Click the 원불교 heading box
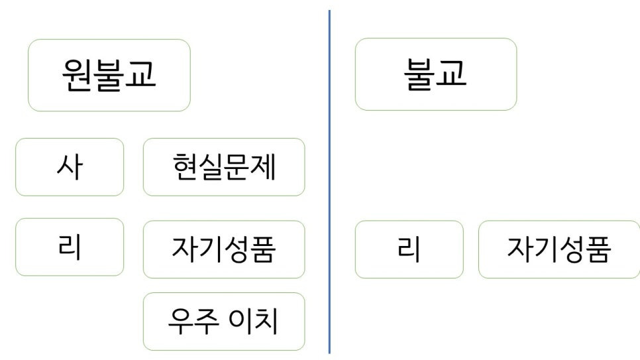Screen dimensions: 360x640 pyautogui.click(x=109, y=75)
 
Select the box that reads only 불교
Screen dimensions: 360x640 pyautogui.click(x=435, y=74)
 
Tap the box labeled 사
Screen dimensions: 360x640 pyautogui.click(x=70, y=167)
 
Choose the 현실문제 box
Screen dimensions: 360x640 pyautogui.click(x=224, y=167)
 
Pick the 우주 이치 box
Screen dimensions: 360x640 pyautogui.click(x=224, y=322)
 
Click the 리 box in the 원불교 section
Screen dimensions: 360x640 pyautogui.click(x=70, y=247)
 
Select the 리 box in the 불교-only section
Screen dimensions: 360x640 pyautogui.click(x=409, y=249)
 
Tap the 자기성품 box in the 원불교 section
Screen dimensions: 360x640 pyautogui.click(x=224, y=249)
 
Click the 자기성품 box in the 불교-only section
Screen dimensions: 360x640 pyautogui.click(x=559, y=249)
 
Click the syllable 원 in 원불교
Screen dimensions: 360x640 pyautogui.click(x=77, y=74)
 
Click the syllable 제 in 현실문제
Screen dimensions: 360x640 pyautogui.click(x=263, y=167)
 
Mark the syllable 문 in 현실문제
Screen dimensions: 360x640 pyautogui.click(x=237, y=167)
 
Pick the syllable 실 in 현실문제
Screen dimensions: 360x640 pyautogui.click(x=211, y=167)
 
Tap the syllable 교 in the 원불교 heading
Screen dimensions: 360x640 pyautogui.click(x=141, y=74)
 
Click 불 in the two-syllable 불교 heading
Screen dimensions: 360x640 pyautogui.click(x=419, y=74)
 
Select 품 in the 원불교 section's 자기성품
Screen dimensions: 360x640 pyautogui.click(x=263, y=249)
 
